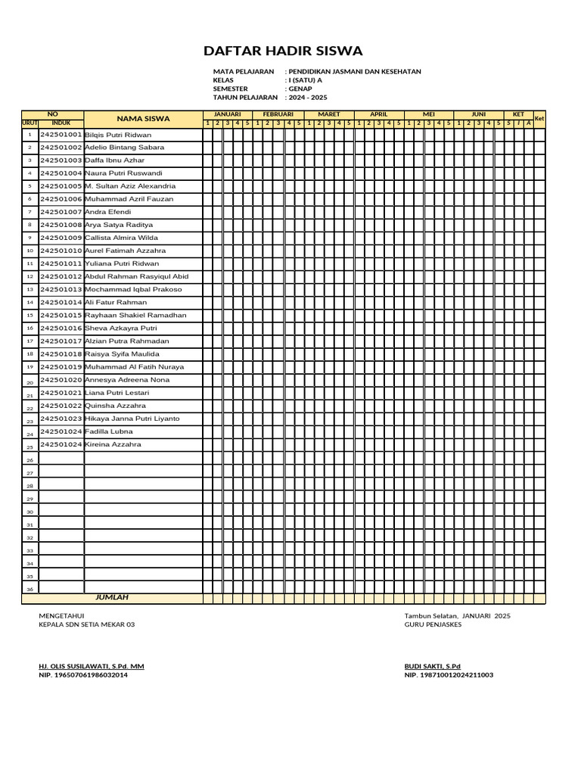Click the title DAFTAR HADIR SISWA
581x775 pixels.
pyautogui.click(x=283, y=51)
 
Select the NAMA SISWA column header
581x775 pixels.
pyautogui.click(x=143, y=119)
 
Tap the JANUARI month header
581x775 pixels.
pyautogui.click(x=228, y=114)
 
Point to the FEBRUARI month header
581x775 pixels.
pyautogui.click(x=278, y=114)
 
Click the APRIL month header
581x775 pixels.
pyautogui.click(x=378, y=114)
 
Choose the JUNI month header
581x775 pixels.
pyautogui.click(x=479, y=114)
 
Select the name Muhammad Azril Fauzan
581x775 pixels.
pyautogui.click(x=129, y=199)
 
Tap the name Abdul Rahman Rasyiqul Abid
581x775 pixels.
pyautogui.click(x=137, y=276)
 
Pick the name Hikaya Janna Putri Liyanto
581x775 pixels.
pyautogui.click(x=132, y=419)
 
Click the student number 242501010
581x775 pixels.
pyautogui.click(x=61, y=251)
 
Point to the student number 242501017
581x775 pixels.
pyautogui.click(x=61, y=341)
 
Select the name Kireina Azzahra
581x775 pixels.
pyautogui.click(x=113, y=444)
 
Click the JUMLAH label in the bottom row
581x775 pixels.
pyautogui.click(x=112, y=597)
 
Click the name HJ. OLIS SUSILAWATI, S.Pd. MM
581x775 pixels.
pyautogui.click(x=92, y=665)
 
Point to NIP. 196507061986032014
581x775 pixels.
pyautogui.click(x=83, y=674)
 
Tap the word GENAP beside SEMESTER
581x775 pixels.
pyautogui.click(x=300, y=89)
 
